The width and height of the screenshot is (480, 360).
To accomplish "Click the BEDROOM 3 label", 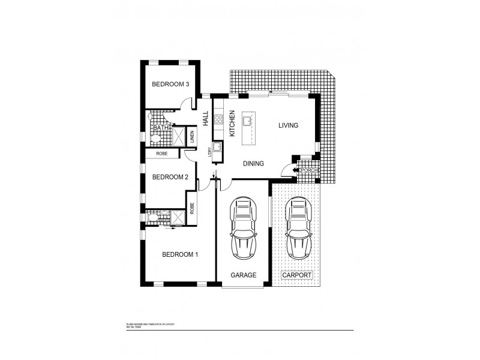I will coord(170,84).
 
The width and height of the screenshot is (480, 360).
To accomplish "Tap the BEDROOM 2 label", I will coord(170,177).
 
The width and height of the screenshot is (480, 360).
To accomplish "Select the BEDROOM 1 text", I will coord(180,254).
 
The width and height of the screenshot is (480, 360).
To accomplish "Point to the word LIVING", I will coord(288,125).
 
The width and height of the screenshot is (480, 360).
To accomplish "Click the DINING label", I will coord(254,163).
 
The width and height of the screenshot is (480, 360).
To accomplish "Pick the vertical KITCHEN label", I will coord(231,122).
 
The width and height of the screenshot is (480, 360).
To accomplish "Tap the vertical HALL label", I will coord(205,118).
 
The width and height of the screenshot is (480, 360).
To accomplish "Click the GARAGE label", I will coord(244,275).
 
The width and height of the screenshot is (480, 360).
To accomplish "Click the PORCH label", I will coord(309,170).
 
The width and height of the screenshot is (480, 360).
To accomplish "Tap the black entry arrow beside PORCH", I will coord(295,170).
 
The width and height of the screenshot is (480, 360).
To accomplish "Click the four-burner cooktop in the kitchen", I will coord(219,118).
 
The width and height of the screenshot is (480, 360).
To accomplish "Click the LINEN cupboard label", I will coord(192,137).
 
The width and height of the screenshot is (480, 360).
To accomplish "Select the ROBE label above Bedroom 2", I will coord(161,154).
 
